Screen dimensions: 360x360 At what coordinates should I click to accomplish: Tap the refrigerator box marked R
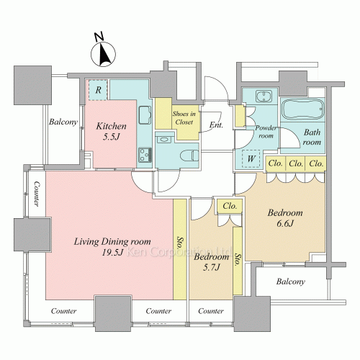pyautogui.click(x=98, y=90)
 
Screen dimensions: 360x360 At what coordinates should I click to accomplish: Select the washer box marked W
pyautogui.click(x=251, y=158)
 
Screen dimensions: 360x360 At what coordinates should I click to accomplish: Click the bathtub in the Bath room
pyautogui.click(x=302, y=109)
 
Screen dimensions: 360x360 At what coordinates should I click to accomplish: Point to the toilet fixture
pyautogui.click(x=189, y=156)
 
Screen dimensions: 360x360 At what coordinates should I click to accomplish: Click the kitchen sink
pyautogui.click(x=145, y=115)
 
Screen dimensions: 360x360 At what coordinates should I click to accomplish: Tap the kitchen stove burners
pyautogui.click(x=145, y=155)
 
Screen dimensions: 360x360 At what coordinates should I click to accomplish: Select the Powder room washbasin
pyautogui.click(x=264, y=96)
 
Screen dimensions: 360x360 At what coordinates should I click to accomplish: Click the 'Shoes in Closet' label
pyautogui.click(x=184, y=118)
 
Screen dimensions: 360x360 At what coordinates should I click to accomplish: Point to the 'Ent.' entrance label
pyautogui.click(x=216, y=125)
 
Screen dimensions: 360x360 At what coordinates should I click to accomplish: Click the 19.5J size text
pyautogui.click(x=112, y=252)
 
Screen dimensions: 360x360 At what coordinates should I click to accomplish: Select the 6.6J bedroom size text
pyautogui.click(x=285, y=224)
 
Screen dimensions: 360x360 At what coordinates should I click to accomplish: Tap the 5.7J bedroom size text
pyautogui.click(x=212, y=267)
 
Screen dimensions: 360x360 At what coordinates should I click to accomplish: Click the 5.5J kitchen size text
pyautogui.click(x=111, y=137)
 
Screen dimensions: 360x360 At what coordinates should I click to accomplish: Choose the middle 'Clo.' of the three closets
pyautogui.click(x=296, y=163)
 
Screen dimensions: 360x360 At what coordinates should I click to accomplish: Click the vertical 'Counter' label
pyautogui.click(x=37, y=194)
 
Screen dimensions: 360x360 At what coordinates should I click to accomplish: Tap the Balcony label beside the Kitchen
pyautogui.click(x=63, y=122)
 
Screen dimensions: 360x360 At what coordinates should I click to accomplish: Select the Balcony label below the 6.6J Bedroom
pyautogui.click(x=291, y=282)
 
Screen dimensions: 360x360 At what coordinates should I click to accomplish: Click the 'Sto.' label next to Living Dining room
pyautogui.click(x=180, y=244)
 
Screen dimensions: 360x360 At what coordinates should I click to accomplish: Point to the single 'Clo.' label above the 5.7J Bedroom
pyautogui.click(x=230, y=206)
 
